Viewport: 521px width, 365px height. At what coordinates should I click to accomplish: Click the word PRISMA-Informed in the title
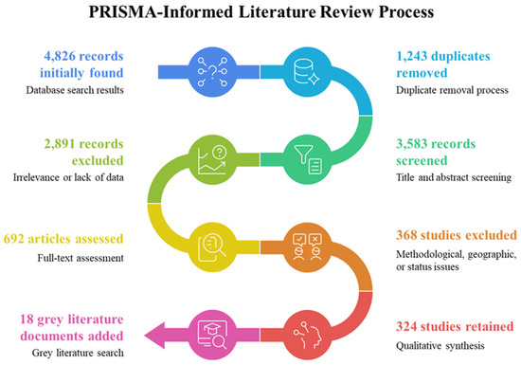click(x=161, y=12)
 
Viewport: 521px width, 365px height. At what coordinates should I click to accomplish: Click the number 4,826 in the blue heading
click(x=60, y=56)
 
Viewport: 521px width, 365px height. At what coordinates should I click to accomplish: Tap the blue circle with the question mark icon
click(x=212, y=72)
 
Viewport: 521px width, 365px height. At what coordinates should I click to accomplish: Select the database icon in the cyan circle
click(x=306, y=71)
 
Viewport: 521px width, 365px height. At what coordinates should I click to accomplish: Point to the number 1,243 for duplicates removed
click(x=411, y=56)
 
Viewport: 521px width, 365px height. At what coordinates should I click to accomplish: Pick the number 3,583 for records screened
click(x=411, y=143)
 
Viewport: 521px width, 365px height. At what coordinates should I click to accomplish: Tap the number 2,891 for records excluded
click(x=60, y=143)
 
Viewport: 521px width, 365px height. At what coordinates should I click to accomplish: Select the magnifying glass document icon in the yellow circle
click(x=212, y=247)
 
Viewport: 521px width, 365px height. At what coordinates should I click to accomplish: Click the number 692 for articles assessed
click(x=13, y=239)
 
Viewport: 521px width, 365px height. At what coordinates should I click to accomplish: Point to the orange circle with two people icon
click(x=307, y=247)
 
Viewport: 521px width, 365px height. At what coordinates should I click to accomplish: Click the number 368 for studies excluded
click(x=406, y=235)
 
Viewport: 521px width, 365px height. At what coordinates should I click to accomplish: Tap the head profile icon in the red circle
click(x=307, y=335)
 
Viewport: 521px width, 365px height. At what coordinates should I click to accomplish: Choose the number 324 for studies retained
click(x=406, y=326)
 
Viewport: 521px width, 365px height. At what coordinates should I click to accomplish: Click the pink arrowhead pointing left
click(x=154, y=335)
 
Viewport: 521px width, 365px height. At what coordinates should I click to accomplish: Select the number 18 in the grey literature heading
click(x=27, y=319)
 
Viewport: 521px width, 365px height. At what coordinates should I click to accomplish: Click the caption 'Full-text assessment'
click(x=81, y=258)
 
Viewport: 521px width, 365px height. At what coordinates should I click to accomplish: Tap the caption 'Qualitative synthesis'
click(x=440, y=346)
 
